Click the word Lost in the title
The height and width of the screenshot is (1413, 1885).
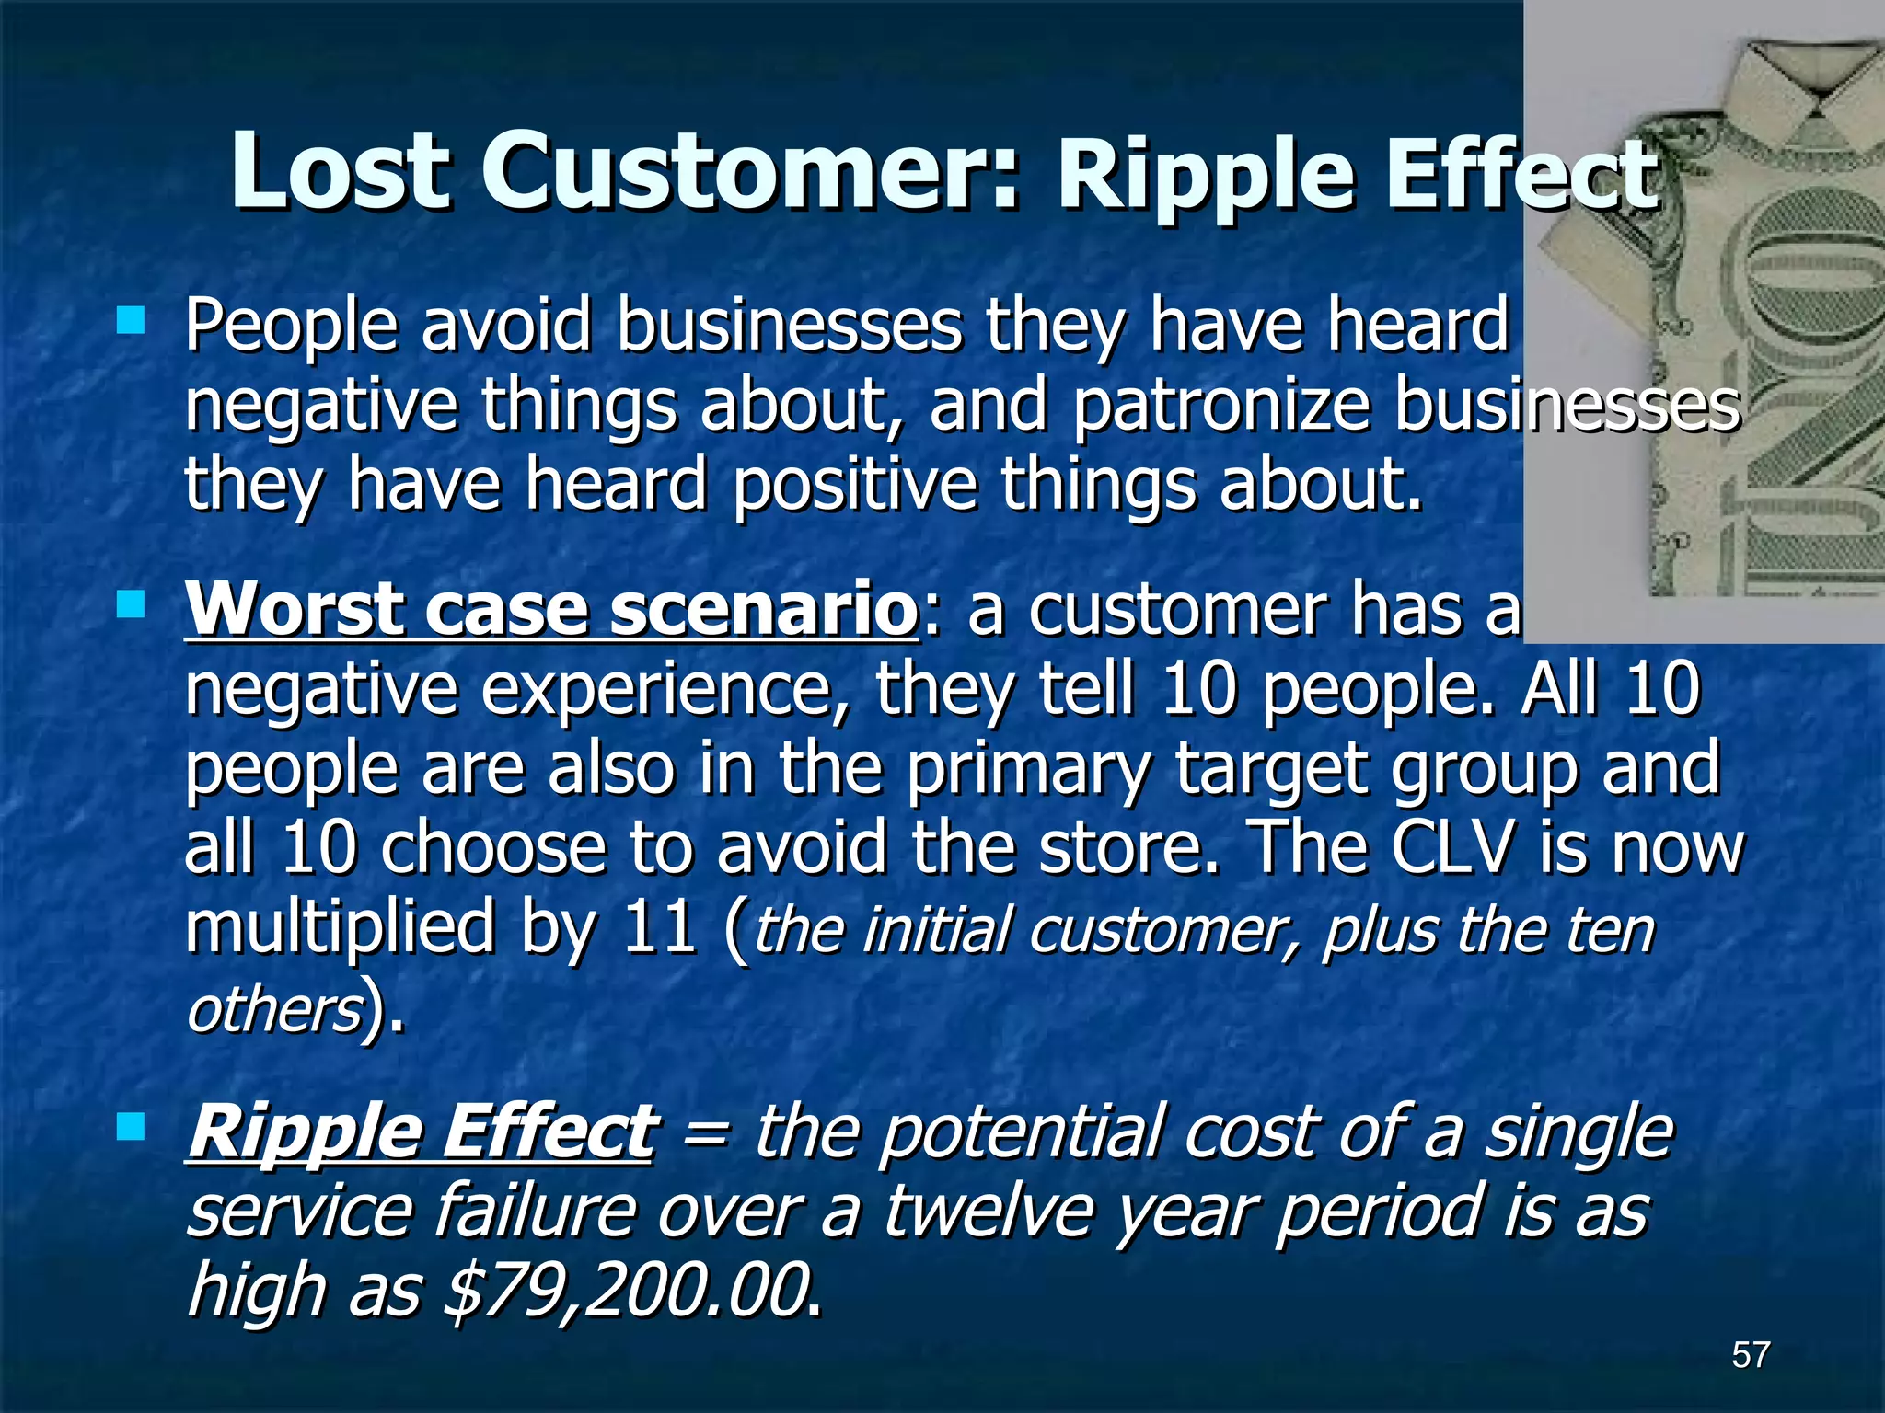(341, 172)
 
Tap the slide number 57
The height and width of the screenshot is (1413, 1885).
(1751, 1354)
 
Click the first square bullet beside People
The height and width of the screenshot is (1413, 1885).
(132, 320)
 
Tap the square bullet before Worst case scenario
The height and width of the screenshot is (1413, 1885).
(132, 604)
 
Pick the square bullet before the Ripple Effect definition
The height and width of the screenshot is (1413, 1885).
(132, 1126)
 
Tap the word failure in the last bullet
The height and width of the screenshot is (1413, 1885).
(534, 1211)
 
